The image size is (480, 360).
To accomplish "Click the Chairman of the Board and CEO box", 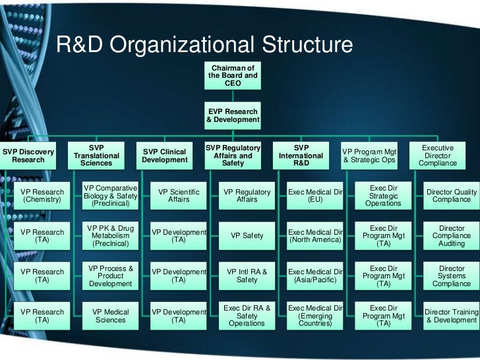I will pos(233,76).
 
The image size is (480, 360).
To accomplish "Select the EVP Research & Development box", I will pos(233,115).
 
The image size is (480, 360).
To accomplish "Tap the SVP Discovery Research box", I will pos(28,156).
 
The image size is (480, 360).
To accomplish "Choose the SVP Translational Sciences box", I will pos(96,156).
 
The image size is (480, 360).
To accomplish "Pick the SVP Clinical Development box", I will pos(165,156).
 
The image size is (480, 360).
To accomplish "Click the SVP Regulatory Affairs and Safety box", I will pos(233,156).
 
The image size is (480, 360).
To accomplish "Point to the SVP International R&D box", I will pos(301,156).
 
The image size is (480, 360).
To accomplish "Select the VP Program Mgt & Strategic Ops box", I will pos(370,156).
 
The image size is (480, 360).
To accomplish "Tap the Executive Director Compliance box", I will pos(438,156).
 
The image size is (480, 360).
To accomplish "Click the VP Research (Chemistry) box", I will pos(42,196).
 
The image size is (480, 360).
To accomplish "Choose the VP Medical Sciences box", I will pos(111,316).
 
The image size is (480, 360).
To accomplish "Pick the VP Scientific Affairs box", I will pos(179,196).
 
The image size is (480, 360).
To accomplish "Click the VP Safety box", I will pos(247,235).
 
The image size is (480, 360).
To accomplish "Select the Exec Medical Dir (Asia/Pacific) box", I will pos(315,276).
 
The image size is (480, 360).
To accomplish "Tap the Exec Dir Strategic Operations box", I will pos(383,196).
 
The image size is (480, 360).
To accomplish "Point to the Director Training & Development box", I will pos(452,316).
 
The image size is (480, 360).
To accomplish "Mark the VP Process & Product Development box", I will pos(111,276).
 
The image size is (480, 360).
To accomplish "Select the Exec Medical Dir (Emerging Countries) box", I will pos(315,316).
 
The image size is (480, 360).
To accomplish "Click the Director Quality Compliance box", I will pos(452,196).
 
